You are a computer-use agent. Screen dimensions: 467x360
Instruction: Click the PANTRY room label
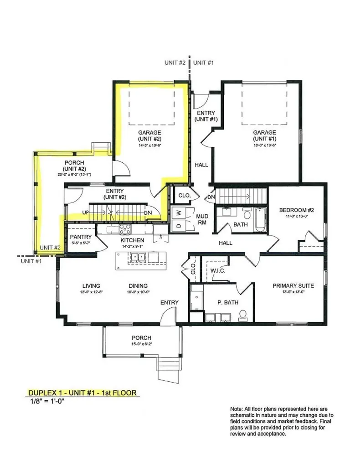pos(81,237)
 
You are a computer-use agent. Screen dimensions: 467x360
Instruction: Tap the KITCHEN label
pos(132,240)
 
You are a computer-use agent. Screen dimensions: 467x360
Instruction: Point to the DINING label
pos(138,286)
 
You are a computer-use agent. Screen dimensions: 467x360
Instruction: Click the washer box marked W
pos(178,212)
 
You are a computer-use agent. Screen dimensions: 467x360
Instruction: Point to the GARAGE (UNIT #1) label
pos(265,135)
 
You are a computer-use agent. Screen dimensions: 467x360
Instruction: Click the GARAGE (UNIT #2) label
pos(150,135)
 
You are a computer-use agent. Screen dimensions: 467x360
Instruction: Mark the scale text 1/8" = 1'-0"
pos(49,402)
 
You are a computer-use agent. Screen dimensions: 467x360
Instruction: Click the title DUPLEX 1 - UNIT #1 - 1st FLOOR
pos(82,393)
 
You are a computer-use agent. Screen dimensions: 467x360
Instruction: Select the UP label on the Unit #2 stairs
pos(85,213)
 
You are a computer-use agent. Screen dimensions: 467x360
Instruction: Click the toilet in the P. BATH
pos(243,314)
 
